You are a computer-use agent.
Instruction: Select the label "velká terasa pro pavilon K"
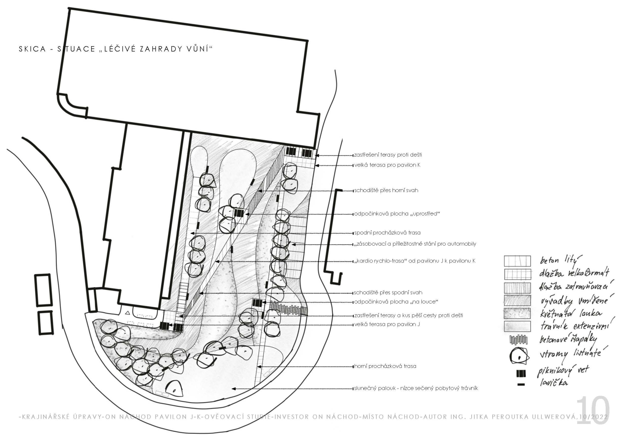coord(387,165)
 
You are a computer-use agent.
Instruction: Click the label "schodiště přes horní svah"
coord(386,190)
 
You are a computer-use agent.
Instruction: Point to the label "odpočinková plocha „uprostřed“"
coord(397,214)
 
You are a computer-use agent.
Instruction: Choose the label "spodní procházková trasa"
coord(387,233)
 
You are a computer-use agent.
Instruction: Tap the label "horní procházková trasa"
coord(385,366)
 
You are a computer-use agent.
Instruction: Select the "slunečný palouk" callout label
coord(416,388)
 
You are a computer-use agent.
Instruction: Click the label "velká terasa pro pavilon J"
coord(387,324)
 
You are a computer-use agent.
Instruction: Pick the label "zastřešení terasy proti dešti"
coord(388,155)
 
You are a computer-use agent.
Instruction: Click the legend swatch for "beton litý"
coord(517,261)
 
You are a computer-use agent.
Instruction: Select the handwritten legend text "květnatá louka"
coord(571,314)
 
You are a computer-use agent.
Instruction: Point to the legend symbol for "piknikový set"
coord(521,374)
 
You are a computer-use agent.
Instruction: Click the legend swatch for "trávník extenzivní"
coord(517,326)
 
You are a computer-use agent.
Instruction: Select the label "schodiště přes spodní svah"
coord(388,293)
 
